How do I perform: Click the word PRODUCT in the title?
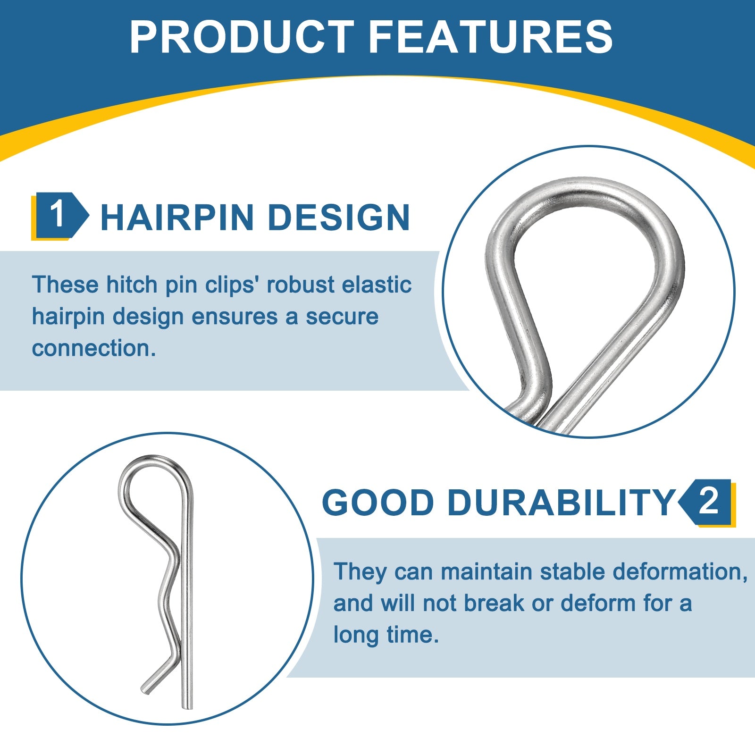tap(242, 37)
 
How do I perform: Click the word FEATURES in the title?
tap(491, 37)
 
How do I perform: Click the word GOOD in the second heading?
tap(377, 502)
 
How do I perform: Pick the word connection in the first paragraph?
tap(93, 348)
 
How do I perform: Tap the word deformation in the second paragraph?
tap(679, 571)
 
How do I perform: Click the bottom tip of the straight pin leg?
tap(187, 707)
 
